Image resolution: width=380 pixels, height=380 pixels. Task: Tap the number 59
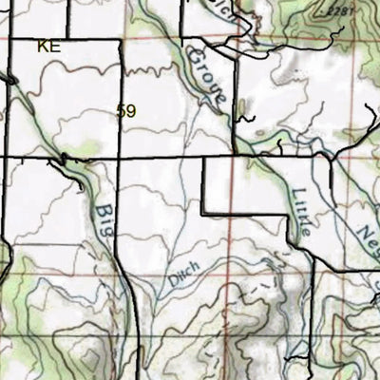(126, 111)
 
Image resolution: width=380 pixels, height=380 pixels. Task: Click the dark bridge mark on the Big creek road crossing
(65, 159)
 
